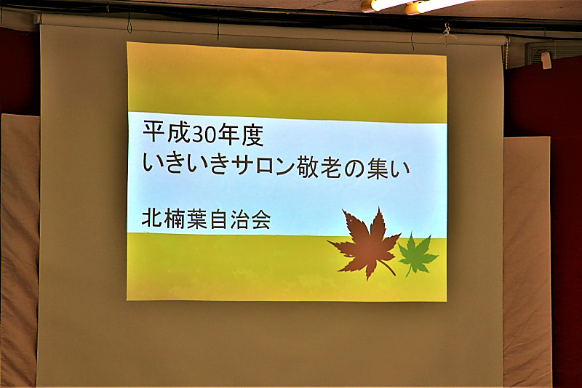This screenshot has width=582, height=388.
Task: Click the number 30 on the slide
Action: [x=204, y=134]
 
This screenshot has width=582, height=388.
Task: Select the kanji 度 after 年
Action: [x=252, y=134]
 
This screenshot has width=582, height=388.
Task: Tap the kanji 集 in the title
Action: [x=378, y=169]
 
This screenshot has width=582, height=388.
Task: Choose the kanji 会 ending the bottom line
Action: [x=260, y=219]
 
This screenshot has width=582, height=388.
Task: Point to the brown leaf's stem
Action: [x=388, y=267]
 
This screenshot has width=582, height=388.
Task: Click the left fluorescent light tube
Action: [x=383, y=5]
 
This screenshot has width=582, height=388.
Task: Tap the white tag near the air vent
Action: [x=546, y=60]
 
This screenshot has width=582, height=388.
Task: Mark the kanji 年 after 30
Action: [x=228, y=134]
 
